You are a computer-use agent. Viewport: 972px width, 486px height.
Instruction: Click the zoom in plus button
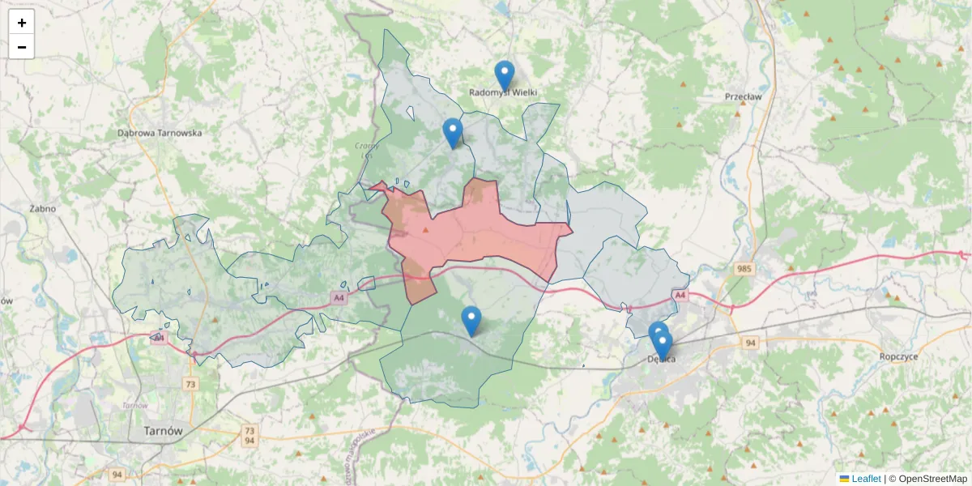tap(22, 23)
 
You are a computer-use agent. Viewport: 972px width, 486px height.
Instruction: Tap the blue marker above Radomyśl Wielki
tap(505, 75)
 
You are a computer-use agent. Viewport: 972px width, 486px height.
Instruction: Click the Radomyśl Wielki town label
tap(503, 92)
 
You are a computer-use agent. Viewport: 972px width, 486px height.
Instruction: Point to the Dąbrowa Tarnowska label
tap(160, 132)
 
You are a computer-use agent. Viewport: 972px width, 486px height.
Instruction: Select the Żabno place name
tap(42, 208)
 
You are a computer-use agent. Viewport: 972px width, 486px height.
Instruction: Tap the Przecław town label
tap(744, 96)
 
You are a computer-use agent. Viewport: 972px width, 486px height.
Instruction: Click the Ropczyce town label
tap(898, 356)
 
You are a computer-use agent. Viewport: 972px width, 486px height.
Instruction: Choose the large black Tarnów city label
tap(162, 431)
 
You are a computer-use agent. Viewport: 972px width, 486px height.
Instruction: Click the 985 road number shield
tap(745, 268)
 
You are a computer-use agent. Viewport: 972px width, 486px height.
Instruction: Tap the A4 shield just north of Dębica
tap(680, 296)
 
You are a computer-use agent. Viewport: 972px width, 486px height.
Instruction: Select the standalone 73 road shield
tap(190, 384)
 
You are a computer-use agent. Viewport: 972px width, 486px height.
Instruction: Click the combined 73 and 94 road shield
tap(249, 436)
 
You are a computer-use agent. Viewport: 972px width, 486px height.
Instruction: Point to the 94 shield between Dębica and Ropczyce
tap(751, 343)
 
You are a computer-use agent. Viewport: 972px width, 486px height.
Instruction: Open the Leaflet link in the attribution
tap(866, 479)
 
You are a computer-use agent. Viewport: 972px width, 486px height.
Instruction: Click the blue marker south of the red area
tap(471, 321)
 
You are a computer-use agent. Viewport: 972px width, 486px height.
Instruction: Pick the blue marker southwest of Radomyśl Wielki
tap(453, 133)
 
